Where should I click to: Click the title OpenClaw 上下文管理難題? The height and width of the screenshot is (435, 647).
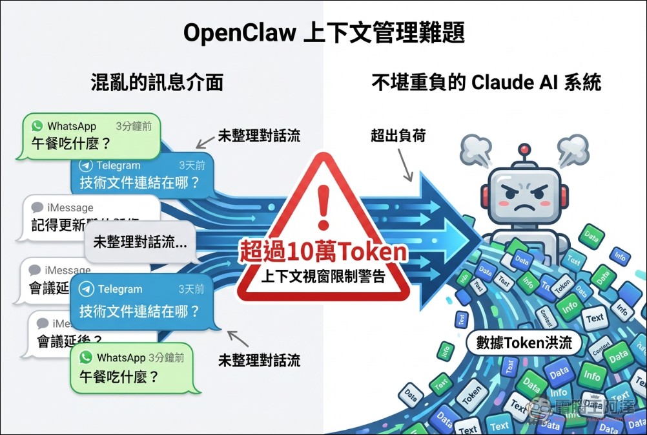pyautogui.click(x=323, y=32)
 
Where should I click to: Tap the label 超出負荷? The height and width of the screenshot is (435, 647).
pyautogui.click(x=398, y=136)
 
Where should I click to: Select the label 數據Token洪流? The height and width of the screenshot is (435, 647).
pyautogui.click(x=524, y=342)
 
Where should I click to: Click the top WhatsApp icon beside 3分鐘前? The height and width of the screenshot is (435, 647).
pyautogui.click(x=37, y=126)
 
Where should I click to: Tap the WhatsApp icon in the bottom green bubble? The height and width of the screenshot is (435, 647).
pyautogui.click(x=86, y=357)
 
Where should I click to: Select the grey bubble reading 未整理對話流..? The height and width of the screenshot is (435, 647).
pyautogui.click(x=140, y=242)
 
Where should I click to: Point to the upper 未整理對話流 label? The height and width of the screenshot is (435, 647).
pyautogui.click(x=259, y=136)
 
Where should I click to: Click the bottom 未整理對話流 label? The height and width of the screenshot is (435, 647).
pyautogui.click(x=259, y=360)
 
